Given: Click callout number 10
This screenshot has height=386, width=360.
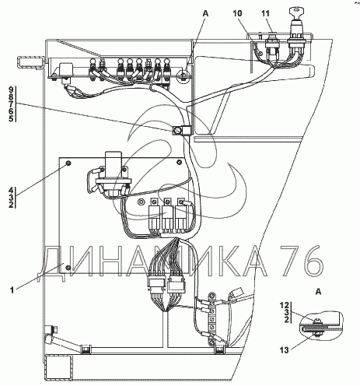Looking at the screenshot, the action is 237,13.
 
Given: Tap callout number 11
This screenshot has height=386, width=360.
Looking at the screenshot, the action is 265,13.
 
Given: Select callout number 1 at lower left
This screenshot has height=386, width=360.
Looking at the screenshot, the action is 12,289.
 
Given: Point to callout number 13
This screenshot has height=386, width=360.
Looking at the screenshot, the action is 284,350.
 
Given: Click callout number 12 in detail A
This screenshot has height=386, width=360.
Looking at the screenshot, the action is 285,305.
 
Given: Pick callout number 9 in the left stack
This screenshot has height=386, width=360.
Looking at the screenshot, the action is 11,90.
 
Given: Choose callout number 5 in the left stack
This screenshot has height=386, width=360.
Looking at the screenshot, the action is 11,119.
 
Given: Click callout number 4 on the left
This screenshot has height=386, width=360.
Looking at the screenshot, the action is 11,190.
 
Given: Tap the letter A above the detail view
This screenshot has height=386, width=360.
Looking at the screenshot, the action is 319,292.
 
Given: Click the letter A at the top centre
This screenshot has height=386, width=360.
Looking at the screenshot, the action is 205,13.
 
